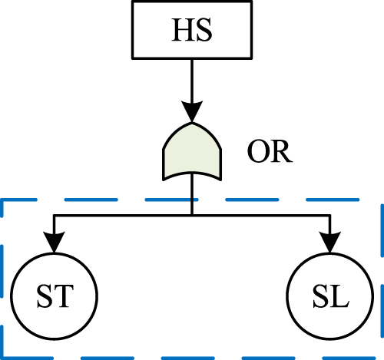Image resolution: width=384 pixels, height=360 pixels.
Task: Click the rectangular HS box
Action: [x=191, y=29]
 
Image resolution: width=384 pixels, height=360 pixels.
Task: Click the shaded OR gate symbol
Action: [x=191, y=151]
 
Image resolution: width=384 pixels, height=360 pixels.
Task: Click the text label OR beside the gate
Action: [x=270, y=152]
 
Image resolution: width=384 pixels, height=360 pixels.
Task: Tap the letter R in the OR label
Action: [x=280, y=152]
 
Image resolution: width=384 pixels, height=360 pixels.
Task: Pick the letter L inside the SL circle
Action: [x=339, y=295]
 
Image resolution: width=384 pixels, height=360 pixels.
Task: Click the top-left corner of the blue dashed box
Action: [x=3, y=201]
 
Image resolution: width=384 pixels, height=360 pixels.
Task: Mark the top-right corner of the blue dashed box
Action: [x=381, y=201]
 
